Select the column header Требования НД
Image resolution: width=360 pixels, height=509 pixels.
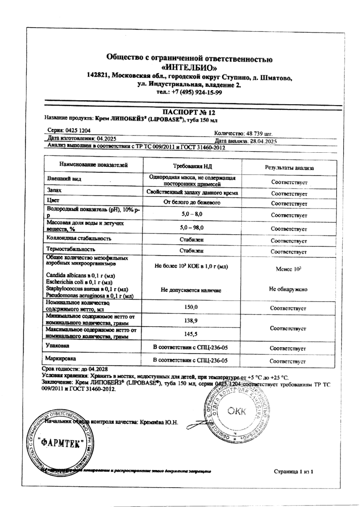pyautogui.click(x=191, y=166)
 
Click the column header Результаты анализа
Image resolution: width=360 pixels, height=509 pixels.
pyautogui.click(x=289, y=168)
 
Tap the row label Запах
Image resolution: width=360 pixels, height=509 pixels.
pyautogui.click(x=55, y=192)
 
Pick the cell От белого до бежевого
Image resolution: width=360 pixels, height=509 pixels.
pyautogui.click(x=191, y=203)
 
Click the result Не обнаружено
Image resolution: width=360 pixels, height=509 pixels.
pyautogui.click(x=288, y=288)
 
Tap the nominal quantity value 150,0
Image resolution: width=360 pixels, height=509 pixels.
pyautogui.click(x=191, y=307)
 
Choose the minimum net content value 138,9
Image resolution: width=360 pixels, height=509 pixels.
pyautogui.click(x=191, y=320)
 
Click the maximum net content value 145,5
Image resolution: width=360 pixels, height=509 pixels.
pyautogui.click(x=191, y=333)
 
